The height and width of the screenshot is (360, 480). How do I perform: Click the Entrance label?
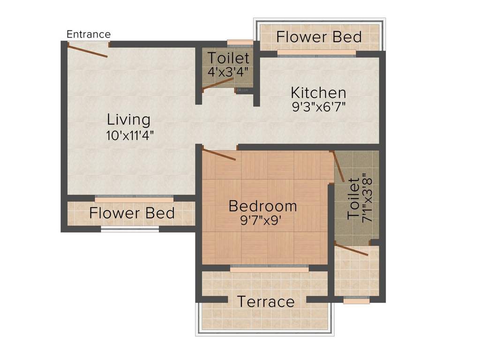click(89, 34)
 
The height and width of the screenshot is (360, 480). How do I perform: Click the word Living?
click(129, 120)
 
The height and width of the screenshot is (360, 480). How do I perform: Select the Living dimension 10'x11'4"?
click(130, 135)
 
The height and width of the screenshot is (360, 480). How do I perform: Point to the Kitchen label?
click(318, 92)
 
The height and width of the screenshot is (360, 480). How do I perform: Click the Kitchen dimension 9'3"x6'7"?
click(319, 107)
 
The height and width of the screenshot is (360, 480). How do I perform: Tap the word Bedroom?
click(262, 206)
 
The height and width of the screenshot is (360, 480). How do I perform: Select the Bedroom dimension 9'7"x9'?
click(262, 220)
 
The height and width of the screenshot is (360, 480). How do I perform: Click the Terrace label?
click(266, 301)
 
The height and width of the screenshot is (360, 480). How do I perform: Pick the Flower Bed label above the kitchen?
click(319, 37)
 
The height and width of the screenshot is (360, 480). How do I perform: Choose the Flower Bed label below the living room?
click(132, 213)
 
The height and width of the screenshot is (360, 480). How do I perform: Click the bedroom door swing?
click(219, 155)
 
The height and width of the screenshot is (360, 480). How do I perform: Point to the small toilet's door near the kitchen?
click(218, 83)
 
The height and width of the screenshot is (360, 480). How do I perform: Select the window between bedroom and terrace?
click(270, 268)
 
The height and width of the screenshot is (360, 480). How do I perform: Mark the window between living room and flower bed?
click(134, 198)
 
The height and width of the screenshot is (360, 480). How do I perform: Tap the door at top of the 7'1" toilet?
click(338, 166)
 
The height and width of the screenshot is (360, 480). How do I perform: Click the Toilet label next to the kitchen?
click(228, 59)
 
